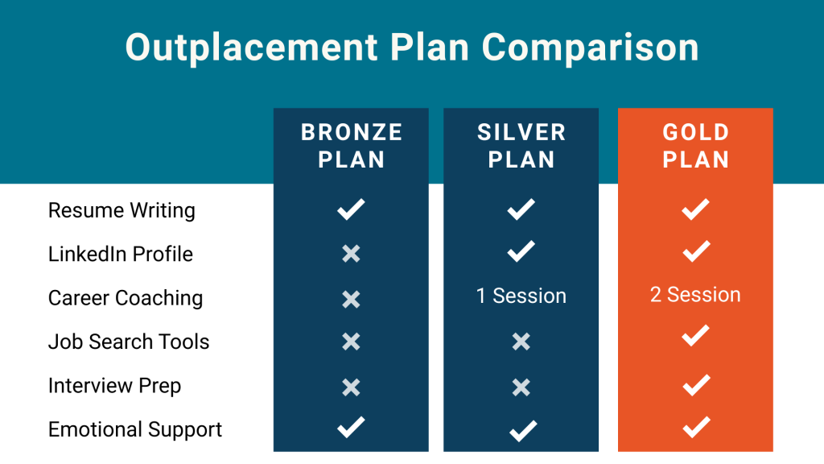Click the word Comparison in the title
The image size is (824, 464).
click(x=590, y=48)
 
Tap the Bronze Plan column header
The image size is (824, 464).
click(x=352, y=146)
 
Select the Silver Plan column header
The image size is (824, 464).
click(x=521, y=146)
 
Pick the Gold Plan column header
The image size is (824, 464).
click(x=696, y=146)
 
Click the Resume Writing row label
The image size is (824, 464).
click(x=122, y=210)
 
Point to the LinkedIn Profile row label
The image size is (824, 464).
click(x=121, y=254)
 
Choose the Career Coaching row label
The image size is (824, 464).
click(x=126, y=298)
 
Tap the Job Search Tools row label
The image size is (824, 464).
click(x=129, y=342)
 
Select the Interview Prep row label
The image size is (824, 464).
click(x=114, y=386)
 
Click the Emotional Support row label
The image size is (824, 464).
click(x=135, y=430)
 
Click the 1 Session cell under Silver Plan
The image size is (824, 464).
click(x=521, y=296)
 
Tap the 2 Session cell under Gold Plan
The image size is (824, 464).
click(x=695, y=295)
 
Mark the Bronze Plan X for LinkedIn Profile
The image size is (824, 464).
click(x=351, y=254)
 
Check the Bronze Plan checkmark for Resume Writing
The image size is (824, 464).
click(x=351, y=209)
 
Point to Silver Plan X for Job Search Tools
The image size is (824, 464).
click(x=521, y=342)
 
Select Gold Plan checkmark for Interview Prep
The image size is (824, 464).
click(x=696, y=385)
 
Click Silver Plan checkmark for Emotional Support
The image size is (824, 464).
click(x=523, y=431)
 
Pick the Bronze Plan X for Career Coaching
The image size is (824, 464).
click(x=351, y=300)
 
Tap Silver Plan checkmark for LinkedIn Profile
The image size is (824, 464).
click(x=521, y=251)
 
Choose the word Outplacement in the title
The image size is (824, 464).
click(x=252, y=48)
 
